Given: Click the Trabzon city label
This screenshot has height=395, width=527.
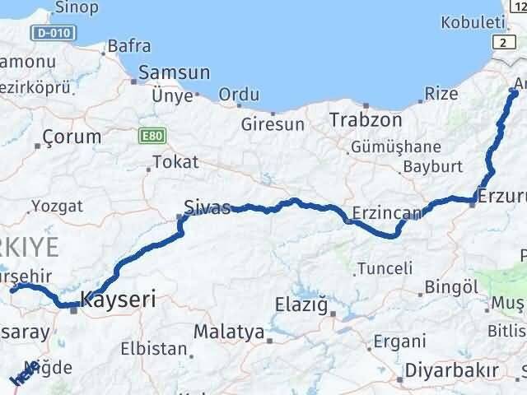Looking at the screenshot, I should pos(366,120).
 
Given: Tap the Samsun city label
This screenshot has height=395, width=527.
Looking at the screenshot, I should pos(174,72).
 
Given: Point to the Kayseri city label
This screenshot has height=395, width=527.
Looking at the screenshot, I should pos(117,299).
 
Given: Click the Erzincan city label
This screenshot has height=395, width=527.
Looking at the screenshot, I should pos(386,213).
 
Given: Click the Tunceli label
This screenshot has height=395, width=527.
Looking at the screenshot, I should pos(385,268).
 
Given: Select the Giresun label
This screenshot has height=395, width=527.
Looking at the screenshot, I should pos(273,125).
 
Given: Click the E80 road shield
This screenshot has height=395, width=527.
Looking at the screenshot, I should pos(149,135).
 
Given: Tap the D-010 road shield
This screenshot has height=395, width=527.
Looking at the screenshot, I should pos(54,34).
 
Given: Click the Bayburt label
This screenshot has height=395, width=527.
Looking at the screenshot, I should pos(430,167).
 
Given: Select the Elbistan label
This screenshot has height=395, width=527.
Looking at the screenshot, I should pos(154,348).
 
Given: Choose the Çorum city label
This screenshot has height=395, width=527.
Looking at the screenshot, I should pos(72,137).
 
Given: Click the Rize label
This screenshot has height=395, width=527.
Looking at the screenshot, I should pos(441,94).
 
